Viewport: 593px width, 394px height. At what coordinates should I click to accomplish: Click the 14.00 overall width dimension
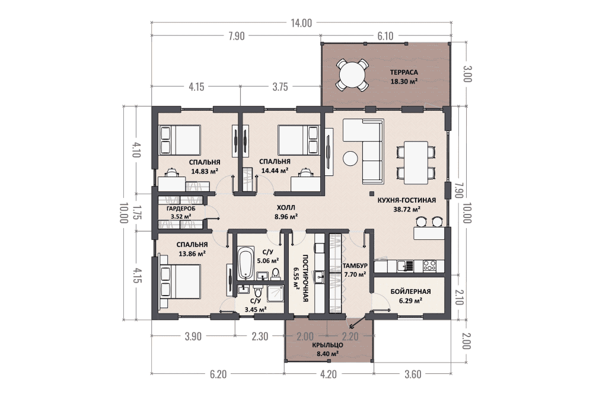[301, 23]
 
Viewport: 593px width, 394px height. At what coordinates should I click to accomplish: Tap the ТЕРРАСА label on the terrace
[404, 72]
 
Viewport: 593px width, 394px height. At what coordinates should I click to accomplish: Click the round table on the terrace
[352, 75]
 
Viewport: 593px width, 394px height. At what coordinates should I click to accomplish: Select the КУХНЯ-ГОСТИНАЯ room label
[407, 200]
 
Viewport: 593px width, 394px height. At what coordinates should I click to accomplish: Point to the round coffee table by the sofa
[350, 158]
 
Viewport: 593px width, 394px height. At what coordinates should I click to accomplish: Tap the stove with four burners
[429, 265]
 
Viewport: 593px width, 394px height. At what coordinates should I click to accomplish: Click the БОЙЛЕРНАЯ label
[411, 292]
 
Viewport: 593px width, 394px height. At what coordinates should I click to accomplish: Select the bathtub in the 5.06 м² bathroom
[246, 263]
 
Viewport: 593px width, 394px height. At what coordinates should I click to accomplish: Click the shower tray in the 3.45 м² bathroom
[275, 293]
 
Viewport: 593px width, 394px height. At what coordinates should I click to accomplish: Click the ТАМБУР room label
[355, 265]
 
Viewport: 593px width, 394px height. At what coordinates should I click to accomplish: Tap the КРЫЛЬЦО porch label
[327, 345]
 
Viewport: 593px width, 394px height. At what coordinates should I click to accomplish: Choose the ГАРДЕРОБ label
[181, 209]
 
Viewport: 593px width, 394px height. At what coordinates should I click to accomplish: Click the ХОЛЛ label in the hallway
[286, 207]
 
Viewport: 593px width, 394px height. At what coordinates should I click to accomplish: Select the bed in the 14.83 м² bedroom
[180, 140]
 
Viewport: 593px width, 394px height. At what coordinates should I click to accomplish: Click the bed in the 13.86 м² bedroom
[180, 281]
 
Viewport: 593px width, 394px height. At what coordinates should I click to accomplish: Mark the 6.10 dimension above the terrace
[385, 36]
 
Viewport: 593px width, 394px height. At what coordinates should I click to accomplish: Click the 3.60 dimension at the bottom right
[413, 374]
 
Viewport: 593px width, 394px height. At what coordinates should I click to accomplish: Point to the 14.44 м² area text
[275, 171]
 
